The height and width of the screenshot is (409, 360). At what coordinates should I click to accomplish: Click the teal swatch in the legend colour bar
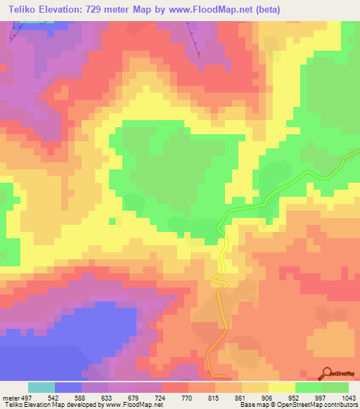(41, 387)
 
